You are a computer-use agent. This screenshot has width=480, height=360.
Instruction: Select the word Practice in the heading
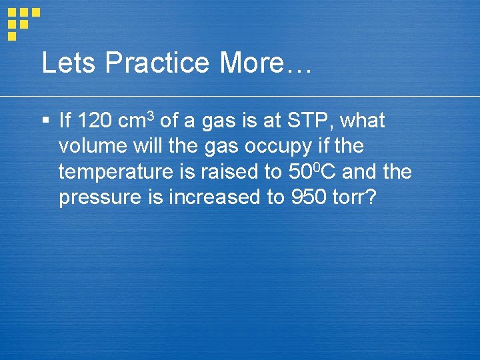(x=157, y=63)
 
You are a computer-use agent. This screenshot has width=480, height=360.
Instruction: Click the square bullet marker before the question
(x=45, y=121)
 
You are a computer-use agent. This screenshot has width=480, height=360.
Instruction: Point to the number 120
(x=95, y=121)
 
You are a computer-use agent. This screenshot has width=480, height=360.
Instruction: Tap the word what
(x=363, y=121)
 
